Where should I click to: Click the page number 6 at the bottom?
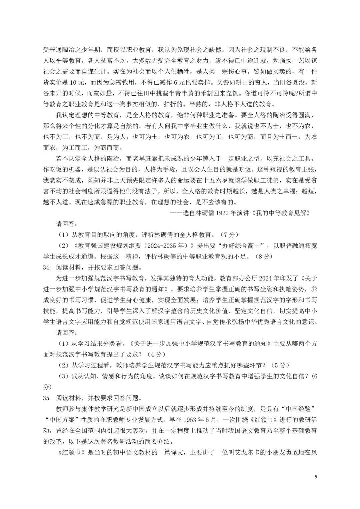pos(316,476)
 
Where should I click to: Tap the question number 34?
pos(47,267)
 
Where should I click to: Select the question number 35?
pos(47,398)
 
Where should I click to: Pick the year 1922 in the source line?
pos(223,213)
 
